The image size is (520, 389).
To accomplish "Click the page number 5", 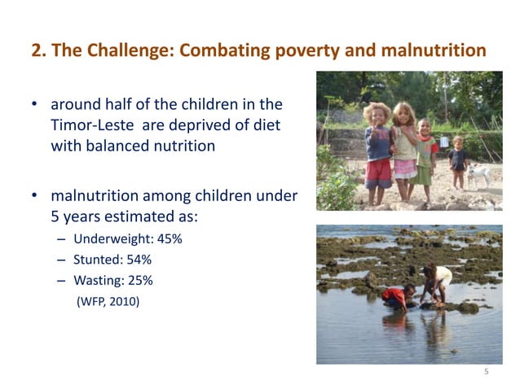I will [486, 372].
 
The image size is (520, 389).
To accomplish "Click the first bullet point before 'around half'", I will [35, 106].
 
